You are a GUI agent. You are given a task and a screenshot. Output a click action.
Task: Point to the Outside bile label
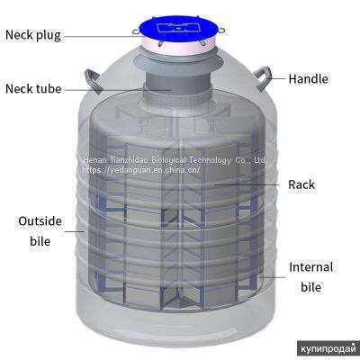click(x=35, y=230)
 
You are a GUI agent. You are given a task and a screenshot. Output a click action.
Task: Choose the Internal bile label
click(x=310, y=277)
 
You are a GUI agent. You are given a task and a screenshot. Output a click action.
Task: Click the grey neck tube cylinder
click(x=180, y=90)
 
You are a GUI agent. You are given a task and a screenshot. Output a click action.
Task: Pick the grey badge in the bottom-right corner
click(x=328, y=347)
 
